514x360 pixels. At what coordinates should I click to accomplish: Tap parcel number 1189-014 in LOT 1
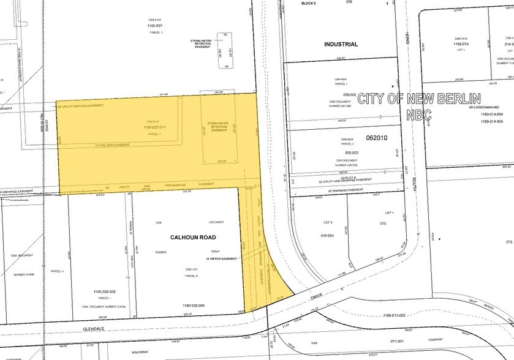point(460,44)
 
